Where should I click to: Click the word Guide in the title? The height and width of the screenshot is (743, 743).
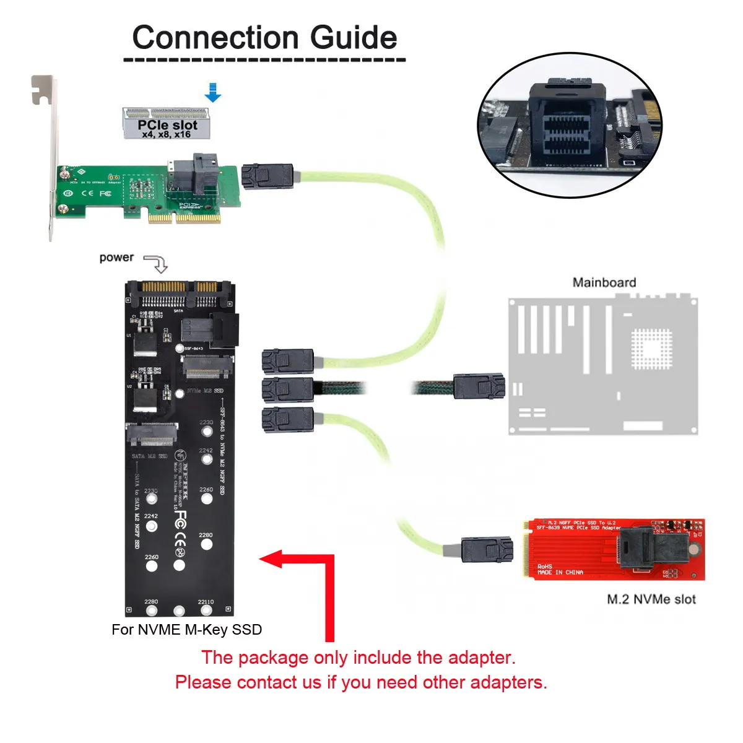(x=353, y=38)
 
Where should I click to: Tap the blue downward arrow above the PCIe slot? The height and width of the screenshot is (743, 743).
(x=212, y=92)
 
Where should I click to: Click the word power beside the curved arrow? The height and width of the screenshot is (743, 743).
(x=116, y=258)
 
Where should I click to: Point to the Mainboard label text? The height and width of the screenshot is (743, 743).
(x=604, y=283)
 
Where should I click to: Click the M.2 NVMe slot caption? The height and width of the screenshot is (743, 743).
(x=651, y=599)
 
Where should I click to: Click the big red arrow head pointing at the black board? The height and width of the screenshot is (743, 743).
(x=272, y=559)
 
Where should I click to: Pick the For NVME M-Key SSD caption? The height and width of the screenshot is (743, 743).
(x=186, y=630)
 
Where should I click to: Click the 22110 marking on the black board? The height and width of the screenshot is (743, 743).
(x=206, y=602)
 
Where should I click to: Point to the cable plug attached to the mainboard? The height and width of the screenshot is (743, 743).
(x=479, y=387)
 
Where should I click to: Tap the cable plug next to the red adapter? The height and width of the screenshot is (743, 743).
(x=487, y=549)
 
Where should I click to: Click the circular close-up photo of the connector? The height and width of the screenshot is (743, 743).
(x=570, y=126)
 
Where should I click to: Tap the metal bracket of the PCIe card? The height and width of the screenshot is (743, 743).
(x=47, y=155)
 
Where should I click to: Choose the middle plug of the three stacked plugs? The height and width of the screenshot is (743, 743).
(x=287, y=390)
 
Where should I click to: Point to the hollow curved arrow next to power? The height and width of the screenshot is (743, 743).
(x=157, y=263)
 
